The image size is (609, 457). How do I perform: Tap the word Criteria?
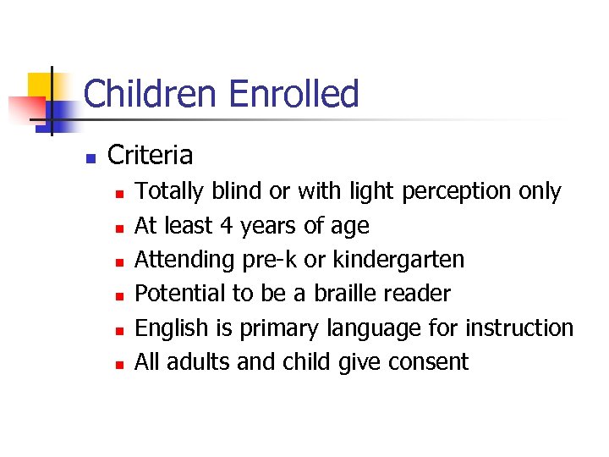coord(151,156)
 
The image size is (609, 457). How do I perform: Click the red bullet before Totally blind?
coord(120,194)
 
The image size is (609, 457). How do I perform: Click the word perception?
coord(457,192)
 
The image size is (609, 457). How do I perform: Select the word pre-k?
coord(267,260)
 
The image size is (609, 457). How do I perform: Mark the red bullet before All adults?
coord(120,364)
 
